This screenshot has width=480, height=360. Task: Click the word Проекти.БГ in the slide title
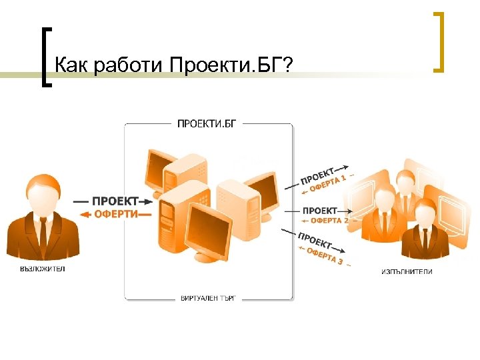point(227,65)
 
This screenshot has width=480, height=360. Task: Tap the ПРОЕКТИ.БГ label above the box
point(206,123)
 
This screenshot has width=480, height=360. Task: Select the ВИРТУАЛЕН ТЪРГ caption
point(208,297)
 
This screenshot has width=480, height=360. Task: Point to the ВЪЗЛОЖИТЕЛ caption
point(43,269)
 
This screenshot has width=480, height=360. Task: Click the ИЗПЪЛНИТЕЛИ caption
point(407,272)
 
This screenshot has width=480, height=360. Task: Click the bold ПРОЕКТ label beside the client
point(115,201)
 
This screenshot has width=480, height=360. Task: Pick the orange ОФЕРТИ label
point(116,214)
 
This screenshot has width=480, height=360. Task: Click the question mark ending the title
point(288,65)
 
